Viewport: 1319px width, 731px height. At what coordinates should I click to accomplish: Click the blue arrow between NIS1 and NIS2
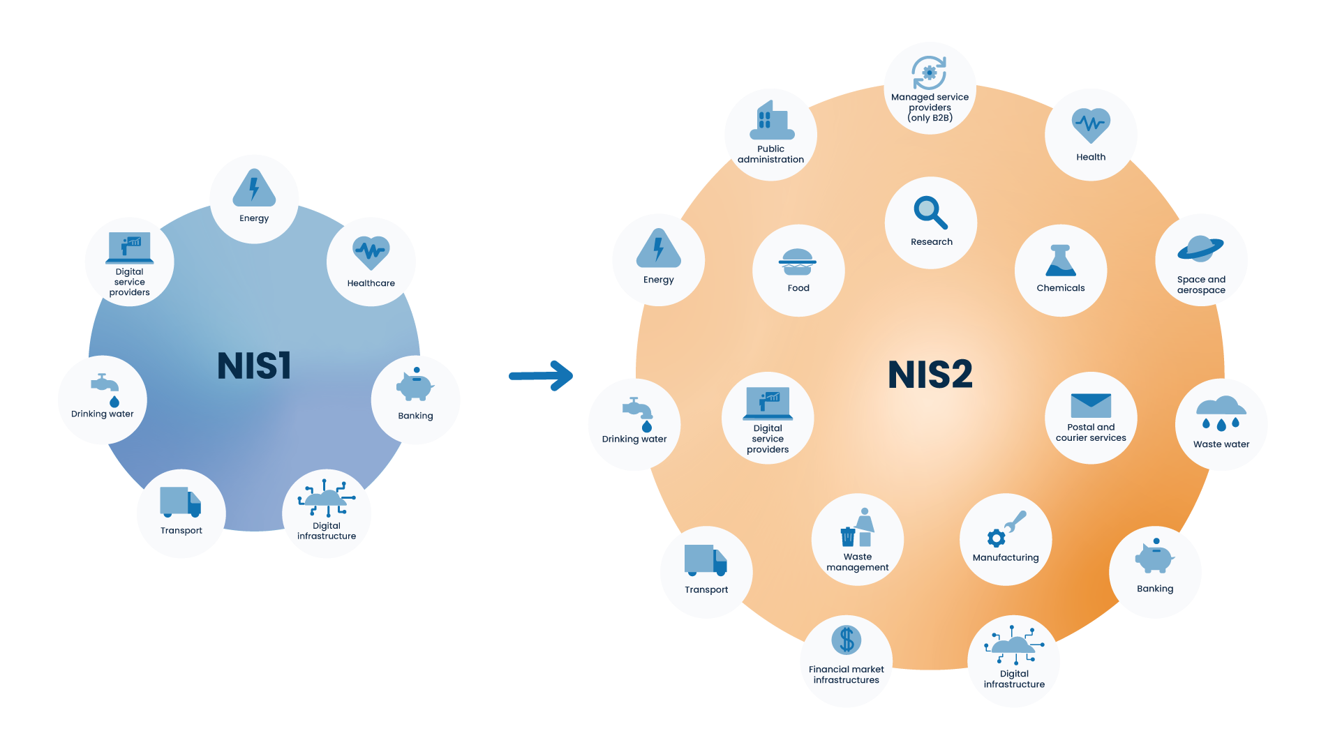(542, 376)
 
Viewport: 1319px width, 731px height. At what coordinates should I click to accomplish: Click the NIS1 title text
(254, 365)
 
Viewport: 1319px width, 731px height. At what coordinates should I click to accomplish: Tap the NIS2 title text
(930, 375)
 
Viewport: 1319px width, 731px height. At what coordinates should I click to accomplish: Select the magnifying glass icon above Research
(930, 212)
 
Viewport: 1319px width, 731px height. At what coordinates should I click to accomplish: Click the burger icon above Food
(798, 262)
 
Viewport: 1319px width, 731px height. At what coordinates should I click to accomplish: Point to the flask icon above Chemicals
(1061, 261)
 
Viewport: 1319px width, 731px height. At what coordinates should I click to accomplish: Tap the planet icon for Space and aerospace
(1200, 248)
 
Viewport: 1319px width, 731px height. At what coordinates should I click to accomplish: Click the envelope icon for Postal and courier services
(1091, 405)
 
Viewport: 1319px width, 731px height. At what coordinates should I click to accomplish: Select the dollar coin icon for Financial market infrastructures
(847, 640)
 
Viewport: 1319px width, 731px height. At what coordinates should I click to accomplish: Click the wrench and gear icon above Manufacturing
(1006, 530)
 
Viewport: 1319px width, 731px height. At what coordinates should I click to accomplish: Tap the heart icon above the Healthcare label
(371, 253)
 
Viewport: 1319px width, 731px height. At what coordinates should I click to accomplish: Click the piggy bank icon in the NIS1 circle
(415, 384)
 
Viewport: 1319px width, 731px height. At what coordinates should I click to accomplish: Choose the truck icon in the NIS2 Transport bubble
(706, 560)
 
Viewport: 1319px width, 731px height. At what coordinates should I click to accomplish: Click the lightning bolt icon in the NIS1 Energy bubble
(254, 188)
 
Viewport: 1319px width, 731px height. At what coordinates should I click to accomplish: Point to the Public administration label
(770, 154)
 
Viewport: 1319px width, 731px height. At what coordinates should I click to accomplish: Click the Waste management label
(858, 562)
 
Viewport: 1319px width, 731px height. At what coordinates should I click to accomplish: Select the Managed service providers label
(930, 107)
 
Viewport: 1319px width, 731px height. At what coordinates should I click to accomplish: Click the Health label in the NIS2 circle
(1091, 157)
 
